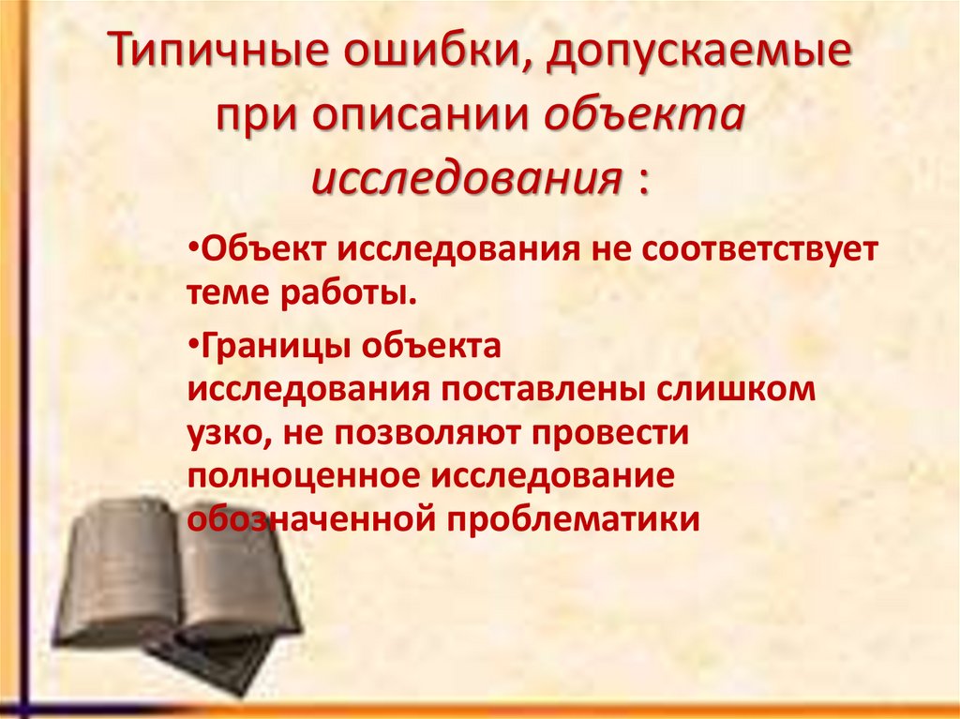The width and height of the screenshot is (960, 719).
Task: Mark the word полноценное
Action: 306,475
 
